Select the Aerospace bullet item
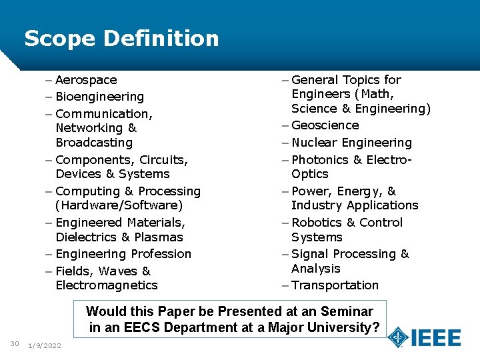point(86,80)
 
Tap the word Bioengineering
point(99,97)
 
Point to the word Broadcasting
point(94,143)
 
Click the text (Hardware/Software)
point(119,205)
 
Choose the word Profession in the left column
point(161,254)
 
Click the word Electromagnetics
point(107,285)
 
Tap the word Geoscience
point(325,125)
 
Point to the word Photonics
point(320,160)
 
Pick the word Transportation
point(335,285)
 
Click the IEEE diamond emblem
point(399,337)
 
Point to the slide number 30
point(15,344)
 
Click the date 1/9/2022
point(45,345)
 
